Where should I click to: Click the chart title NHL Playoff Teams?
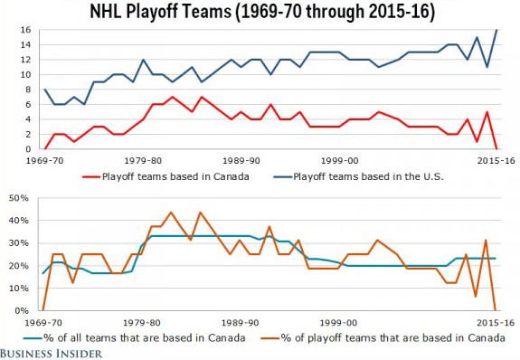(260, 13)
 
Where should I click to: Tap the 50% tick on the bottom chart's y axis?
(27, 197)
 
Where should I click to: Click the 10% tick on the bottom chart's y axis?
(27, 289)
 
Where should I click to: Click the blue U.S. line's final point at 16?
(497, 30)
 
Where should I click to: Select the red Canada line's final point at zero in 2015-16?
(497, 149)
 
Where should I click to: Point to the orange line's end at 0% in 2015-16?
(497, 310)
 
